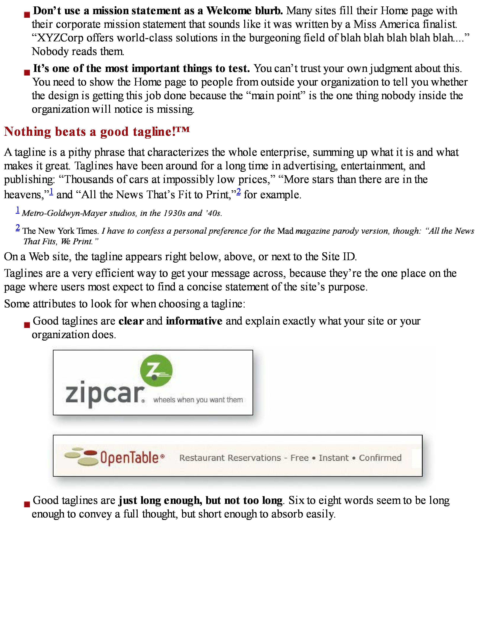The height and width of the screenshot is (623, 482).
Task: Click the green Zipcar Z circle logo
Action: (156, 370)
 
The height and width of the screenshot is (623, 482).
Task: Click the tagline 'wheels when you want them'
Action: (198, 400)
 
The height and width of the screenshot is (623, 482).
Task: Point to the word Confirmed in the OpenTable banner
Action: (380, 458)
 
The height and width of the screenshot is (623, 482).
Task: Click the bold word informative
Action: (194, 321)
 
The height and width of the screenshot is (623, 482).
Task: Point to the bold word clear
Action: (131, 321)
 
